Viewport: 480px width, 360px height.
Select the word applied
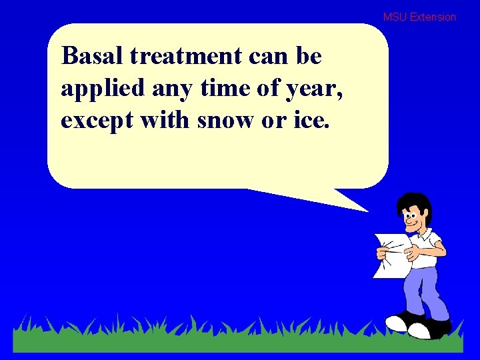point(97,89)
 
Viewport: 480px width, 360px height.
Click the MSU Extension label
point(419,17)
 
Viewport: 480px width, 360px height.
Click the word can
point(267,57)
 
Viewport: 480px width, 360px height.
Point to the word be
point(308,57)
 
